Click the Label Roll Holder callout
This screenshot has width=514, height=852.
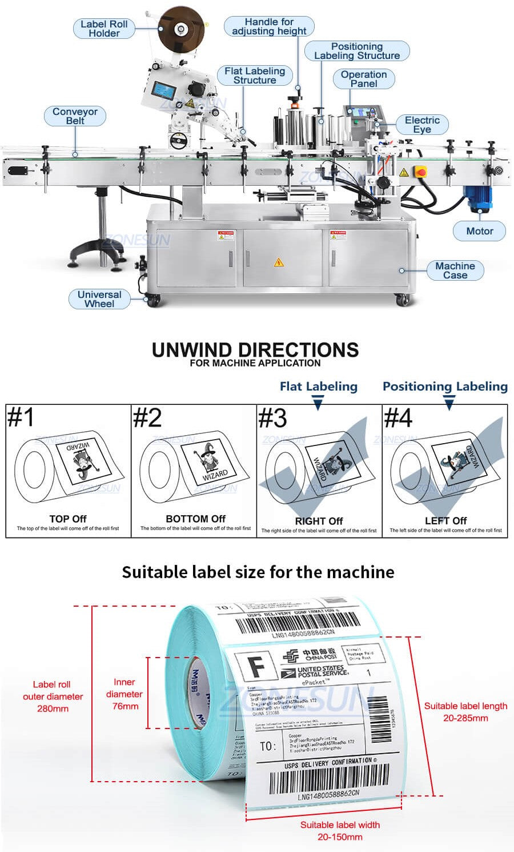tap(104, 29)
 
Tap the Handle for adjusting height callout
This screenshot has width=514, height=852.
tap(269, 26)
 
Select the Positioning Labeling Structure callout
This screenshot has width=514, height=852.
tap(357, 51)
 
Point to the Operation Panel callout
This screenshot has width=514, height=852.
tap(364, 79)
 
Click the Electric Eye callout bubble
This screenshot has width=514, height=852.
tap(422, 125)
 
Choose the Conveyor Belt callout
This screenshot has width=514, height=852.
tap(75, 116)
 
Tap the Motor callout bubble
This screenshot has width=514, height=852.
tap(480, 231)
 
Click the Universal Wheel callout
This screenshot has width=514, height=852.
tap(99, 299)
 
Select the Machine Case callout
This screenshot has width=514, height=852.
tap(455, 270)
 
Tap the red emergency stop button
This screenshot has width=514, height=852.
tap(421, 171)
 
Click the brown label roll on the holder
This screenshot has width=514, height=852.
tap(182, 28)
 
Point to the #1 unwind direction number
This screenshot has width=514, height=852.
tap(21, 417)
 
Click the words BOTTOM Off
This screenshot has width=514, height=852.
tap(195, 519)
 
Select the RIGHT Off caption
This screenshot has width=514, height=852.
tap(319, 521)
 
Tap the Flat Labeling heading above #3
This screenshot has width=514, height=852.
tap(319, 387)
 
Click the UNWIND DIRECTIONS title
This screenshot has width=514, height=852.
tap(255, 350)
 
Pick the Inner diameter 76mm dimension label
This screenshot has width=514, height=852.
tap(125, 694)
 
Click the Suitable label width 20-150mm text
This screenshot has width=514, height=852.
tap(340, 830)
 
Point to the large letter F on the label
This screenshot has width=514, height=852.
tap(258, 666)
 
